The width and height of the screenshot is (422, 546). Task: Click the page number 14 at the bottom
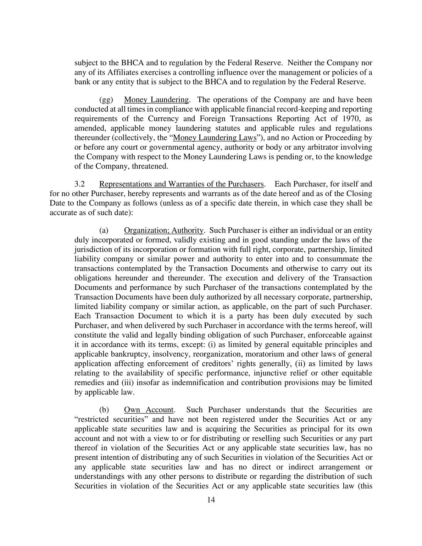click(211, 500)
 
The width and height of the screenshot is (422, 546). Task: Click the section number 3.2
click(80, 184)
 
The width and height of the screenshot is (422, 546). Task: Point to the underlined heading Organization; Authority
click(163, 230)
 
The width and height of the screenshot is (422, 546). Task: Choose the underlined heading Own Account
click(149, 410)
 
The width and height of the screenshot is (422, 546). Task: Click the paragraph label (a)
click(104, 230)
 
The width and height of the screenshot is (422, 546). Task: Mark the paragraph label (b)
click(104, 410)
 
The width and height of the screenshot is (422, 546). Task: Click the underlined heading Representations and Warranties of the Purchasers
click(182, 184)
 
